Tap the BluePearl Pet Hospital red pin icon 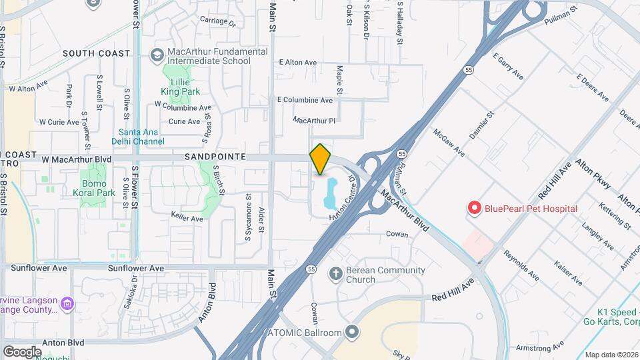pos(475,209)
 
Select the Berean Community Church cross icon pos(335,274)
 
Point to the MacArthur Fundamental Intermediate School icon pos(157,55)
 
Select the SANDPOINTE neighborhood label pos(211,157)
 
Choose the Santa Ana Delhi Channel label pos(141,137)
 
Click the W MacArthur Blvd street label pos(76,159)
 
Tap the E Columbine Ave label pos(305,100)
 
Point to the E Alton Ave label pos(298,62)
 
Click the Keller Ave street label pos(187,218)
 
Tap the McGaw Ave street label pos(449,142)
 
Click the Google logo pos(22,351)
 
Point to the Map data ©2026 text pos(611,355)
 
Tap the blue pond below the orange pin pos(329,193)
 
